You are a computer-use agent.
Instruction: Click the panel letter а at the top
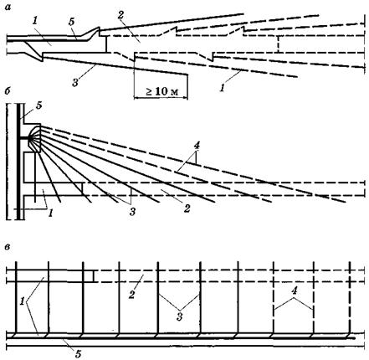(8, 8)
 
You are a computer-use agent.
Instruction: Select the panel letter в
(8, 247)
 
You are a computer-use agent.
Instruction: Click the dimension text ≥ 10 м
(161, 91)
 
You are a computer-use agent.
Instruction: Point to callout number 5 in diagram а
(72, 22)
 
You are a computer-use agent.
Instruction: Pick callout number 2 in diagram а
(120, 15)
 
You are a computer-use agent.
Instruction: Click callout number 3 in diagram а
(74, 82)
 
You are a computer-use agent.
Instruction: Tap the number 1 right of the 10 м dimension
(222, 88)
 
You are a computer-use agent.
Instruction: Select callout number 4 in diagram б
(197, 146)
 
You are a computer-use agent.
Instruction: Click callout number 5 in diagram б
(39, 105)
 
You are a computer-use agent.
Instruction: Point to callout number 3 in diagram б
(132, 211)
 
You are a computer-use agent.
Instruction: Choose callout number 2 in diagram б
(187, 208)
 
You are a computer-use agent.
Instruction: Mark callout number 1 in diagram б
(50, 213)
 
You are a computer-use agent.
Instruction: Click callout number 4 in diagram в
(294, 291)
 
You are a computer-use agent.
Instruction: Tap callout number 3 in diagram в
(179, 316)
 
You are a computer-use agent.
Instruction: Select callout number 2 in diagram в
(131, 295)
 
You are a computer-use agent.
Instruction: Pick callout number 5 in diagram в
(78, 354)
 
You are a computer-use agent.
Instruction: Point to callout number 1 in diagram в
(22, 301)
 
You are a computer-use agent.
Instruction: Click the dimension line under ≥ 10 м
(161, 98)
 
